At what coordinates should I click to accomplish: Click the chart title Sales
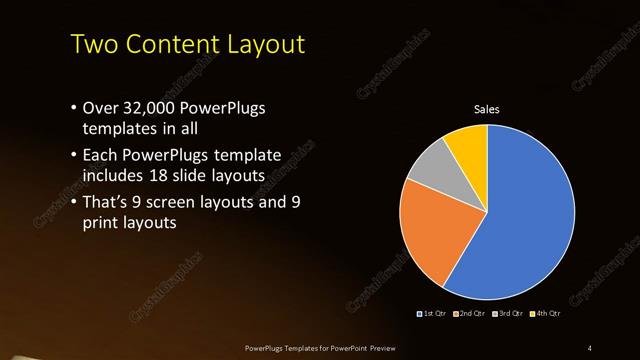click(x=486, y=109)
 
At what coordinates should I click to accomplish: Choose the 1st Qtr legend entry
click(x=431, y=314)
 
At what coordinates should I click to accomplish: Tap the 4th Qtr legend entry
click(x=546, y=314)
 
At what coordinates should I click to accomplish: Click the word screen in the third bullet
click(x=194, y=202)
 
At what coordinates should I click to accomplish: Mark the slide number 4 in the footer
click(x=590, y=347)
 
